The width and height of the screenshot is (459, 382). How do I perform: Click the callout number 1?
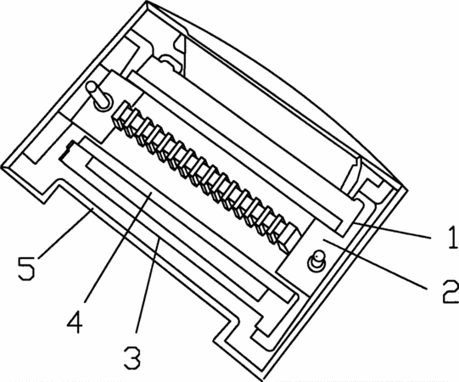pos(452,238)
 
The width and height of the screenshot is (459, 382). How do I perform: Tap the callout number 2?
pos(451,292)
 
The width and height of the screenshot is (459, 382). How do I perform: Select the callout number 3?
pos(132,357)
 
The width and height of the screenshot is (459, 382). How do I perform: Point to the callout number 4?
pos(75,322)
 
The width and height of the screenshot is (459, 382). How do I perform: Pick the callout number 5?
pos(26,268)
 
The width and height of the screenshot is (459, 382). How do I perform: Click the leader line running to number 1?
pos(392,231)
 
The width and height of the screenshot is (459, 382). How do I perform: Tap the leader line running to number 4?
pos(118,247)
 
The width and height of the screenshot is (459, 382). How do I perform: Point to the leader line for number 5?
pos(65,233)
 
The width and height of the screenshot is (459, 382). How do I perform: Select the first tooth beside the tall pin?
pos(120,115)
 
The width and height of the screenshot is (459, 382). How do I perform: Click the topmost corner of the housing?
pos(146,1)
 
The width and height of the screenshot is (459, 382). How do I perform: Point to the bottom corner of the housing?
pos(262,380)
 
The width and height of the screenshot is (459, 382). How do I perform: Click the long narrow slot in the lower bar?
pos(176,229)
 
